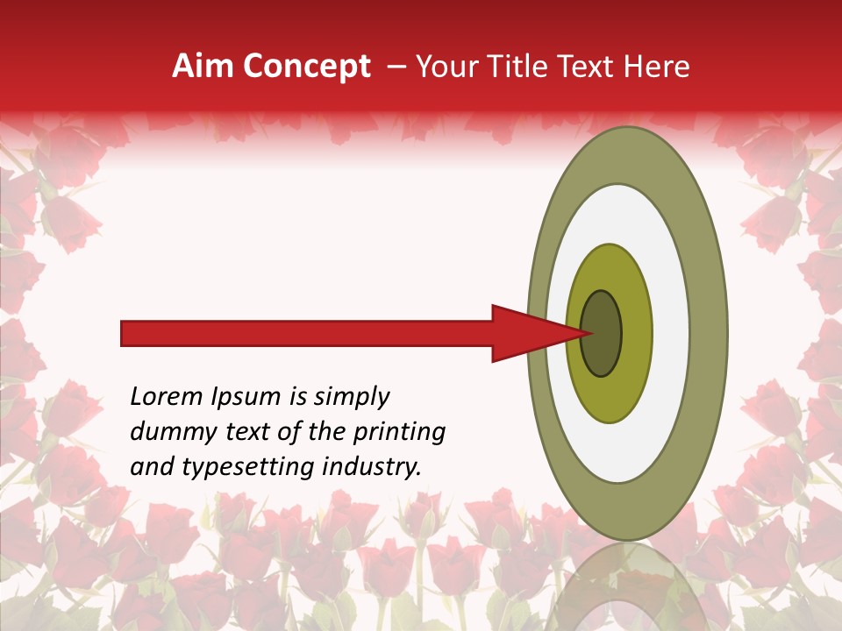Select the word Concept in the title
click(x=306, y=67)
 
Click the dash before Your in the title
click(x=396, y=67)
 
